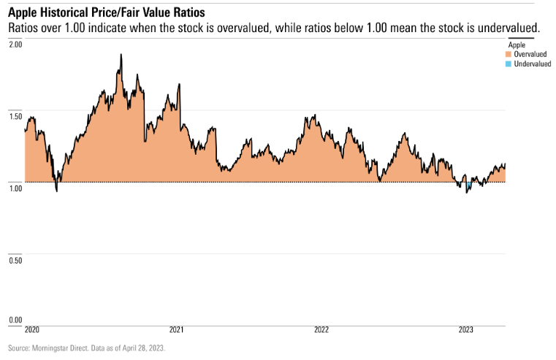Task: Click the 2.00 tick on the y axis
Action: tap(15, 45)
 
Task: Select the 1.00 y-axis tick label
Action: tap(15, 188)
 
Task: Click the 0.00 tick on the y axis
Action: tap(15, 320)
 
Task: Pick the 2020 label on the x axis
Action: tap(31, 330)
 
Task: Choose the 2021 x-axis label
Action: tap(176, 330)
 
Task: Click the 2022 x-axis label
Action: tap(321, 330)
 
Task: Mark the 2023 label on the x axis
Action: tap(466, 330)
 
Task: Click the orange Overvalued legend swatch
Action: tap(509, 54)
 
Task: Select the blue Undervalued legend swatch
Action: tap(509, 64)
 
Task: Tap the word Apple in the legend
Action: tap(517, 45)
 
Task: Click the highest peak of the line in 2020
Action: tap(121, 55)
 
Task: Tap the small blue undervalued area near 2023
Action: tap(468, 186)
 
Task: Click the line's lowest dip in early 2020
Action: tap(57, 191)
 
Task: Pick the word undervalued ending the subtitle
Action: tap(508, 28)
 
